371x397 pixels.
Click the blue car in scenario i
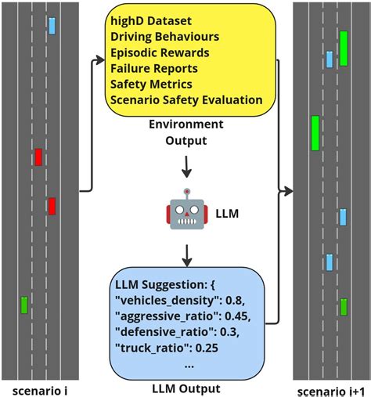click(52, 26)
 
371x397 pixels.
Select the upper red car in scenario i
click(38, 157)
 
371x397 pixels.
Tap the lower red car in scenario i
click(52, 206)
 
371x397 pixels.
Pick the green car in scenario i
click(24, 305)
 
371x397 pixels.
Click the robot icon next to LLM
click(185, 211)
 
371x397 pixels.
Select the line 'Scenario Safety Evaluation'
click(186, 99)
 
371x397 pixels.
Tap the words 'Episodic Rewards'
click(160, 52)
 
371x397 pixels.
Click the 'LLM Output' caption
click(185, 388)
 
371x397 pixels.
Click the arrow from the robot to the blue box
click(185, 254)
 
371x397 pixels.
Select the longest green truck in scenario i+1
click(315, 133)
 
